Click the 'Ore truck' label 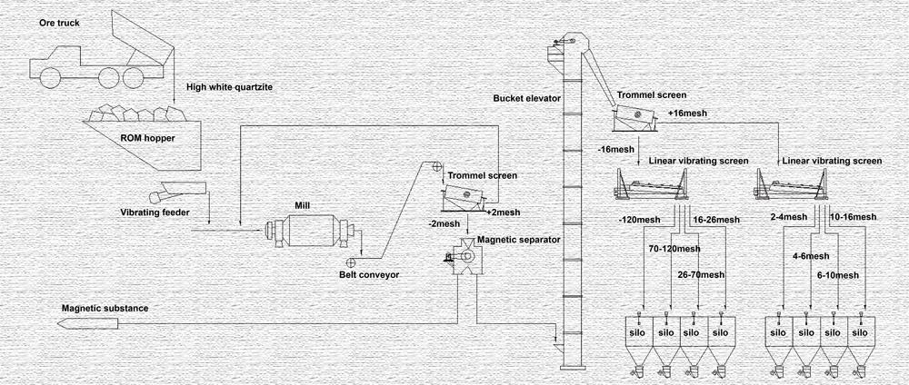tap(59, 24)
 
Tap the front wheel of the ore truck tap(50, 77)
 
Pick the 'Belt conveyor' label tap(369, 274)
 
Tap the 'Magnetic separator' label tap(519, 240)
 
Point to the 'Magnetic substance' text tap(105, 309)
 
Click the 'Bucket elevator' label tap(527, 98)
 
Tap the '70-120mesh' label tap(674, 249)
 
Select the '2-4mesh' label tap(788, 217)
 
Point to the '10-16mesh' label tap(854, 217)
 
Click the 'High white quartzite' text tap(231, 87)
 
